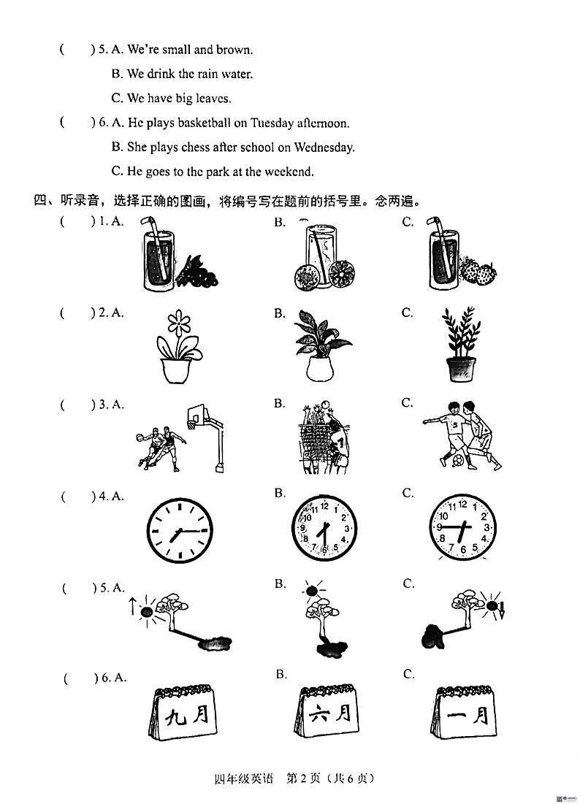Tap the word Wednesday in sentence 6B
tap(324, 148)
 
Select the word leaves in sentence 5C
tap(213, 99)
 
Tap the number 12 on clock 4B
tap(324, 506)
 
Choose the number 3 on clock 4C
tap(486, 527)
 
